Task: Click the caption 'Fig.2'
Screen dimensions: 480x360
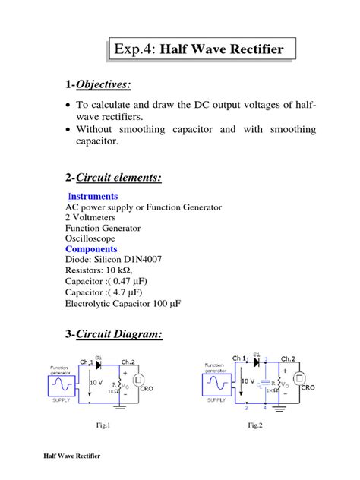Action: pyautogui.click(x=255, y=425)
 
